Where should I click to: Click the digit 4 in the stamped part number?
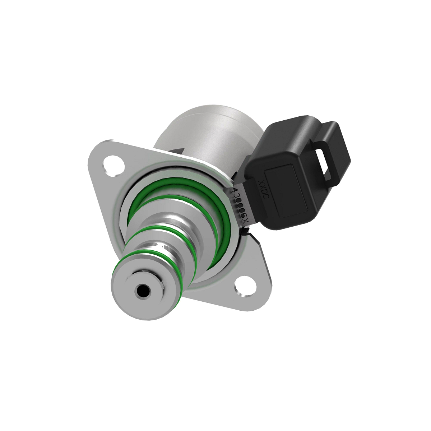click(234, 190)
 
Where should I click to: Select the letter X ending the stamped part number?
click(246, 222)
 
